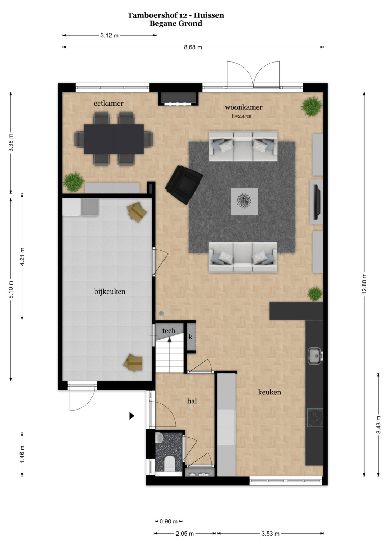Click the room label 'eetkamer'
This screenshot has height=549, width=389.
click(x=108, y=104)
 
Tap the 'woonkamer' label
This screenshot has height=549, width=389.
click(x=243, y=107)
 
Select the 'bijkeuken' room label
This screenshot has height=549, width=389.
click(x=110, y=292)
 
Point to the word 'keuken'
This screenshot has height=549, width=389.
click(x=269, y=392)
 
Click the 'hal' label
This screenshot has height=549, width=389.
click(x=192, y=401)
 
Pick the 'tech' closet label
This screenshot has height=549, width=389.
click(x=169, y=331)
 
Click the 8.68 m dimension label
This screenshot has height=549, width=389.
click(x=193, y=47)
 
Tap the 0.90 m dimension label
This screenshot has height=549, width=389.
click(x=169, y=521)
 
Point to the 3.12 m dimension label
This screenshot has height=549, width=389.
click(x=109, y=36)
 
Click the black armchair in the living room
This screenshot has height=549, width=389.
click(x=184, y=184)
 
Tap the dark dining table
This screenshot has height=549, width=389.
click(x=114, y=139)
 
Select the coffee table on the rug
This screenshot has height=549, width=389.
click(x=244, y=201)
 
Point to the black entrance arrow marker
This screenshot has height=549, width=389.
click(x=132, y=416)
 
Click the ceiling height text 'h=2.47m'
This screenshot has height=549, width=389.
click(x=242, y=116)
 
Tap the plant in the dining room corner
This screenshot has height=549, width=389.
click(x=73, y=182)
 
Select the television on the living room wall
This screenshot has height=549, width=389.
click(x=317, y=202)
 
